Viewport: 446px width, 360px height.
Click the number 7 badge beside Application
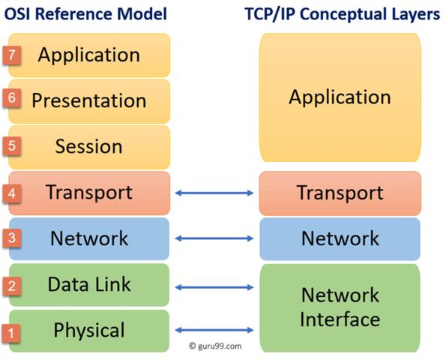pyautogui.click(x=11, y=55)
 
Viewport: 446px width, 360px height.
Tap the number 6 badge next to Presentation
pyautogui.click(x=11, y=98)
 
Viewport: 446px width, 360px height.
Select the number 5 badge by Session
pyautogui.click(x=11, y=145)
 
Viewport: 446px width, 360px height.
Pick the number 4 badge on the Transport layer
pyautogui.click(x=11, y=193)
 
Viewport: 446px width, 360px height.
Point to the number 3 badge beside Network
pyautogui.click(x=11, y=239)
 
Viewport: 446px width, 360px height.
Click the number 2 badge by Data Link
pyautogui.click(x=11, y=286)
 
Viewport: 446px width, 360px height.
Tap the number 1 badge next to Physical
pyautogui.click(x=11, y=331)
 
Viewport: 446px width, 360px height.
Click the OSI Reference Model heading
pyautogui.click(x=85, y=14)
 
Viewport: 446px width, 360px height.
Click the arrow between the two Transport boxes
pyautogui.click(x=214, y=193)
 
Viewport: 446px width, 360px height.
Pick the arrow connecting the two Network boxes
pyautogui.click(x=214, y=239)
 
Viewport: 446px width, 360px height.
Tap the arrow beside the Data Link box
pyautogui.click(x=214, y=285)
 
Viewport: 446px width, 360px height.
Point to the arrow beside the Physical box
pyautogui.click(x=214, y=330)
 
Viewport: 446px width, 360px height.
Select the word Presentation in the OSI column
pyautogui.click(x=89, y=100)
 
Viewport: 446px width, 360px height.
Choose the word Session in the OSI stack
pyautogui.click(x=88, y=146)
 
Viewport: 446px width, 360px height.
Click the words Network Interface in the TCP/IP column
pyautogui.click(x=340, y=307)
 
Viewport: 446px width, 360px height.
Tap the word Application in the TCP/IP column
pyautogui.click(x=340, y=97)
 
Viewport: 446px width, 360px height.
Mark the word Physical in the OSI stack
pyautogui.click(x=89, y=331)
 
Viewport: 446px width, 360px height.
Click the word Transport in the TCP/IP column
pyautogui.click(x=340, y=193)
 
